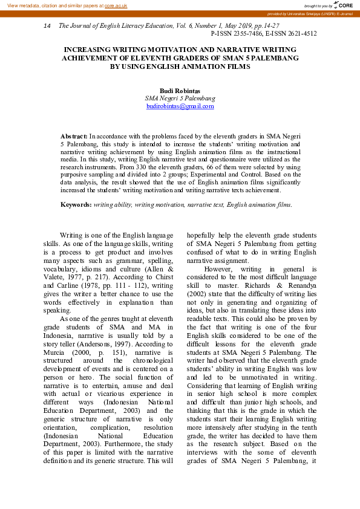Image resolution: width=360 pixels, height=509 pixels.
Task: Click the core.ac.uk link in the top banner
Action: (x=116, y=5)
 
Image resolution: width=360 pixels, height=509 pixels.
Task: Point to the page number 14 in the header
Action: (x=48, y=27)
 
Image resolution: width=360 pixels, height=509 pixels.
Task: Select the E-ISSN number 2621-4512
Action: (x=300, y=34)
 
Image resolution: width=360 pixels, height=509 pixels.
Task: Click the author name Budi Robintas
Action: (x=180, y=90)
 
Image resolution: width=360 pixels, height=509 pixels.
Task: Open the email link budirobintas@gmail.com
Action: (x=180, y=106)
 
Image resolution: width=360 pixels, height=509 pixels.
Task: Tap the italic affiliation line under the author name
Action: (x=180, y=98)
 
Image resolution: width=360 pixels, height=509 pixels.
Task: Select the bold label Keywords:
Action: (x=76, y=205)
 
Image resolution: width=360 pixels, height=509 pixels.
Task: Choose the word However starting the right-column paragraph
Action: (x=218, y=268)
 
